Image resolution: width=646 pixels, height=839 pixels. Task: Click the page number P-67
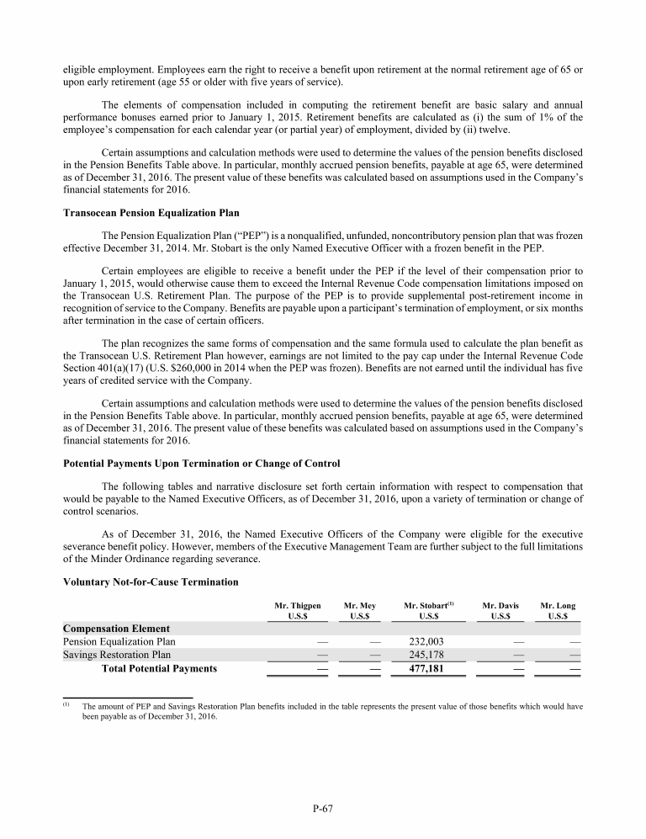tap(322, 810)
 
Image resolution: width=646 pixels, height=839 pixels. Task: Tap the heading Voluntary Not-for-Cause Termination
tap(150, 581)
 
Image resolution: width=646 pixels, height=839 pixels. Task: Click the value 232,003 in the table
tap(424, 641)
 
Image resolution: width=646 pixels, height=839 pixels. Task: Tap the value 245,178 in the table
tap(424, 655)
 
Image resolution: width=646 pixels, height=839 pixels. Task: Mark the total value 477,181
tap(424, 669)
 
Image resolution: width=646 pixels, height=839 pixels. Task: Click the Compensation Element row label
tap(116, 628)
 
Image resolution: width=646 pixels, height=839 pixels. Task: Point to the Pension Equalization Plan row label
tap(119, 641)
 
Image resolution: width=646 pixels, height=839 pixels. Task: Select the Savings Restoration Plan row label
tap(117, 655)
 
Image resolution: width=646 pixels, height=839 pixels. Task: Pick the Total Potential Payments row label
tap(159, 669)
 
